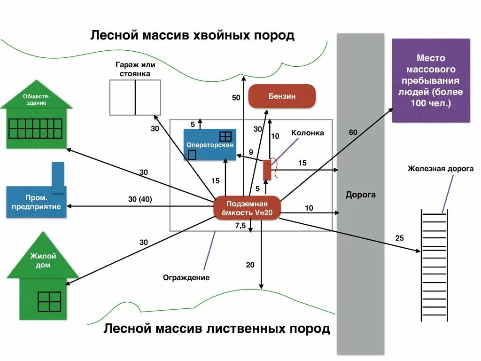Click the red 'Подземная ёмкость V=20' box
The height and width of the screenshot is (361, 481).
(247, 208)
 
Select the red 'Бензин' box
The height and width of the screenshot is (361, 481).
(282, 96)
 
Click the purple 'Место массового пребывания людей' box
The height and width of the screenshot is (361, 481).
(431, 81)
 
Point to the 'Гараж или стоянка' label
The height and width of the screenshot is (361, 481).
(135, 69)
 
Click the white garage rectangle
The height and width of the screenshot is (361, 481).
(135, 97)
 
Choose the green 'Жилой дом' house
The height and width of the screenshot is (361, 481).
(43, 282)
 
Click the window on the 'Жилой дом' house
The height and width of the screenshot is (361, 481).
(49, 302)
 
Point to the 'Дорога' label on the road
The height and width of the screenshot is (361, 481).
(360, 195)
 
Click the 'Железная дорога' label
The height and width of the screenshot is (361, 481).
(440, 169)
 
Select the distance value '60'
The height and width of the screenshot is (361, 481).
(353, 133)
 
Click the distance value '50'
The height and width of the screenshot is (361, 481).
(236, 98)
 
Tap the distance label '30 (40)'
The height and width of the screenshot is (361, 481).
(140, 199)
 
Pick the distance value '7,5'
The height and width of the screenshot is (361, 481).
(240, 226)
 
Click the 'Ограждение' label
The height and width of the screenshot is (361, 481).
(186, 277)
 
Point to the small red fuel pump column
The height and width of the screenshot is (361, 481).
(267, 170)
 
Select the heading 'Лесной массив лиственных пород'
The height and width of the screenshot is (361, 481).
(217, 329)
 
